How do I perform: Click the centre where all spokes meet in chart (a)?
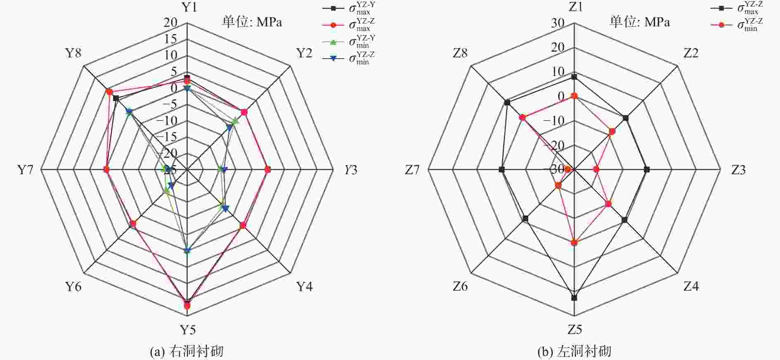tap(187, 169)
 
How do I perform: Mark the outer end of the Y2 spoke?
tap(291, 66)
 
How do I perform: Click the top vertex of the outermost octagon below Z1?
tap(574, 23)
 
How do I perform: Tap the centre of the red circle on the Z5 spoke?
tap(574, 242)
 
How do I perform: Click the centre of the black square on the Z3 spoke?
tap(647, 169)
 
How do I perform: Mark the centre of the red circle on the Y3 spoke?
tap(268, 169)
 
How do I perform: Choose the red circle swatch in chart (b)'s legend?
tap(722, 25)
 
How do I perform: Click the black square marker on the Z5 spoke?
tap(574, 298)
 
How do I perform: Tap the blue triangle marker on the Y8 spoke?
tap(129, 112)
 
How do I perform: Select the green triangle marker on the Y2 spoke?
tap(235, 121)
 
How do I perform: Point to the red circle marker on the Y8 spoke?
tap(109, 91)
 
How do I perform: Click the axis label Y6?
tap(73, 287)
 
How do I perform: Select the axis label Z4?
tap(691, 286)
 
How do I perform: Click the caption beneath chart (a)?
tap(187, 351)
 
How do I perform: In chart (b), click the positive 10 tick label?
tap(558, 71)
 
